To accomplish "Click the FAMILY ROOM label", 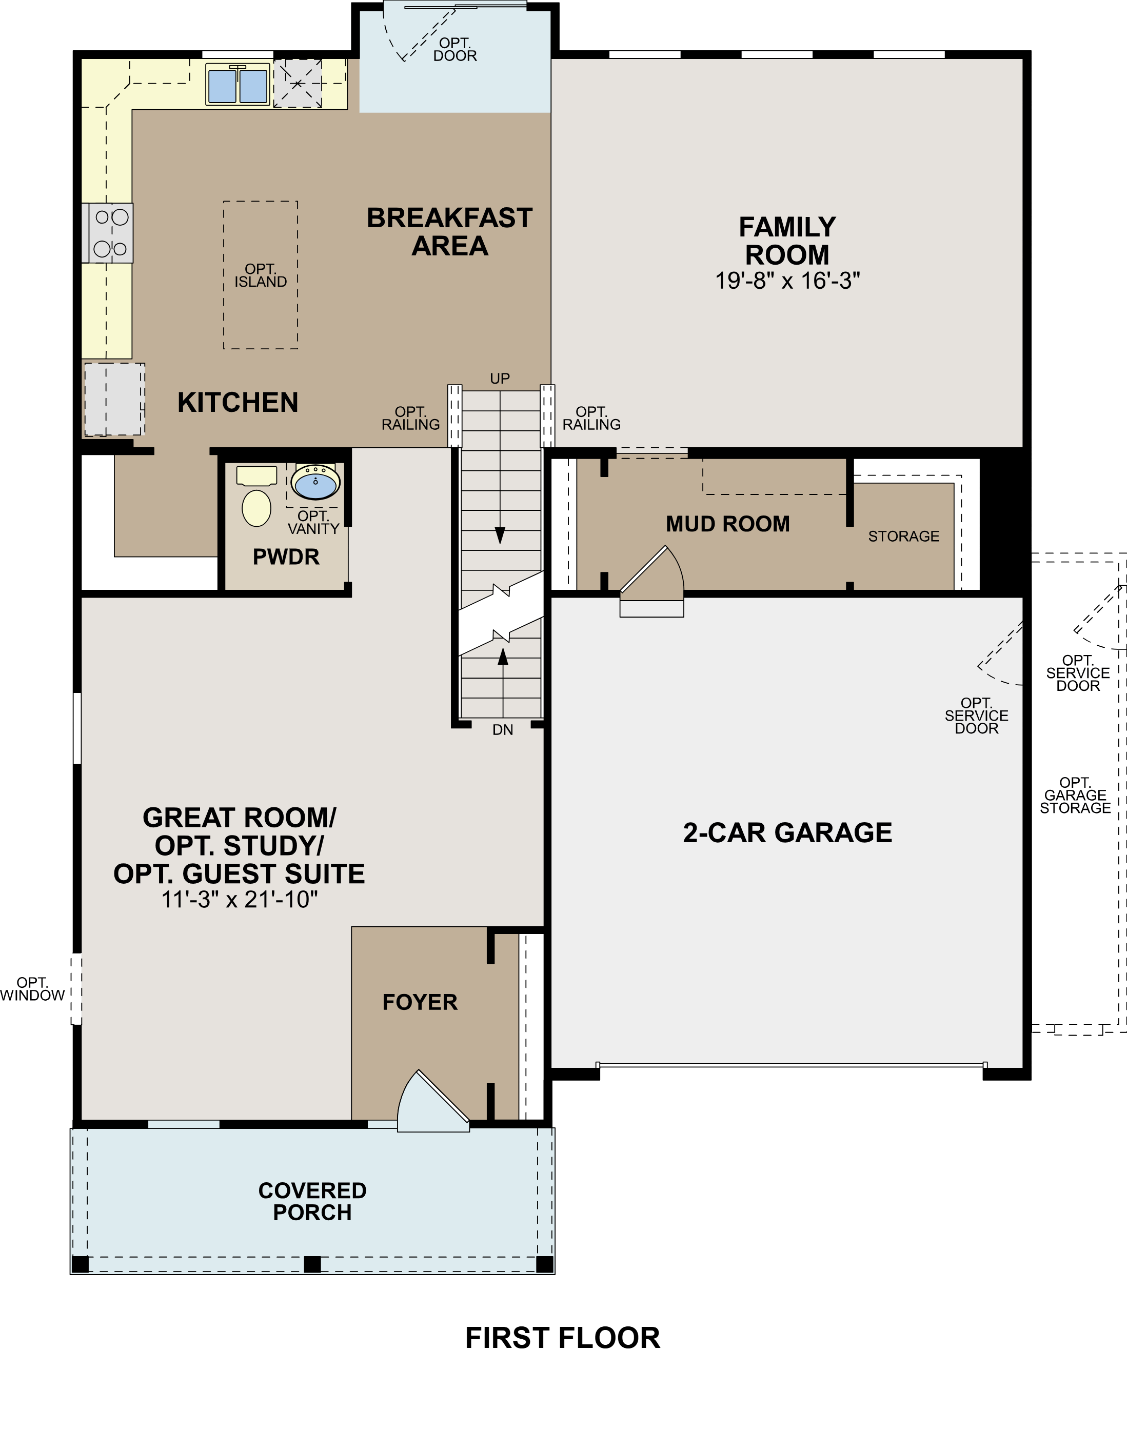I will click(x=787, y=241).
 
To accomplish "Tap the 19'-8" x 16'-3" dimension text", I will click(x=787, y=281).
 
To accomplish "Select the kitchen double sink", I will click(x=238, y=84).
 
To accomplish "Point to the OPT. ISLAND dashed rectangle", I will click(x=260, y=275).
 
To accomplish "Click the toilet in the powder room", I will click(x=256, y=507).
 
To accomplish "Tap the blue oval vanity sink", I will click(x=315, y=483).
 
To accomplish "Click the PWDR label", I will click(x=286, y=557).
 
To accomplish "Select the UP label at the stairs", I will click(x=500, y=379).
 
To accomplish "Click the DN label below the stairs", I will click(x=503, y=730).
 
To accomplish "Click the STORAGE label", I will click(x=903, y=537).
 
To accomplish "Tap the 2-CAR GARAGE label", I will click(x=787, y=832).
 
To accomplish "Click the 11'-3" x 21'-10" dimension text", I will click(x=240, y=900).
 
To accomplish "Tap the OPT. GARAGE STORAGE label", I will click(x=1075, y=796).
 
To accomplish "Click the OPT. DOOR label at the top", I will click(x=455, y=50).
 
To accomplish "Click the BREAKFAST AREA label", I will click(x=449, y=232).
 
